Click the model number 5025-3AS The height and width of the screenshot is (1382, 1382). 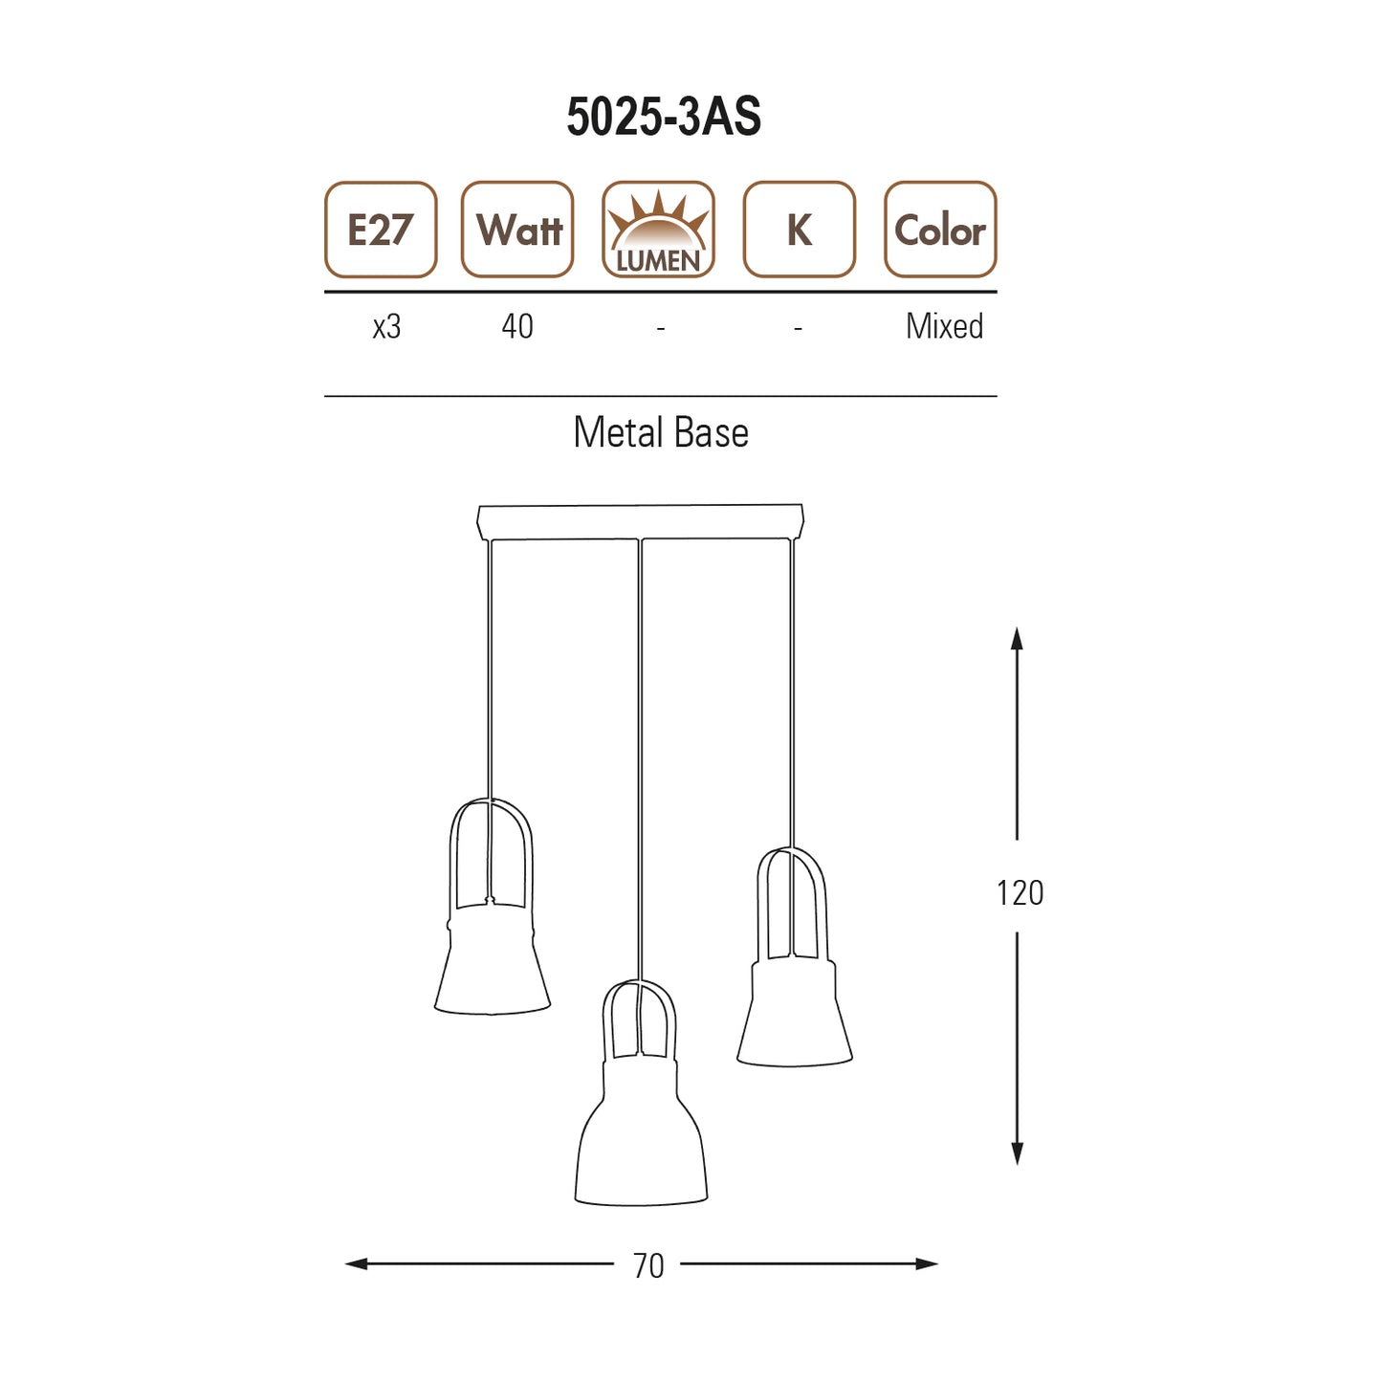coord(664,116)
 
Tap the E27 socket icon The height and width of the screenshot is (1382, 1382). coord(381,230)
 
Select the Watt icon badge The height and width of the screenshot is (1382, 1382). coord(517,230)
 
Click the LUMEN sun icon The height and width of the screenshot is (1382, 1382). coord(658,230)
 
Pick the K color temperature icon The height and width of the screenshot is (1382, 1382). coord(800,230)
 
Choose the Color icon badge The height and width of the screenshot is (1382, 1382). coord(940,230)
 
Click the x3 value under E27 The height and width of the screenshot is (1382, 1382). coord(386,327)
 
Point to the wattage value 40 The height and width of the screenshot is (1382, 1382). coord(517,326)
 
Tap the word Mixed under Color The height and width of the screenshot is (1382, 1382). coord(945,326)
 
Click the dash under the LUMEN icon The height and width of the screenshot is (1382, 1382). coord(661,328)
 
